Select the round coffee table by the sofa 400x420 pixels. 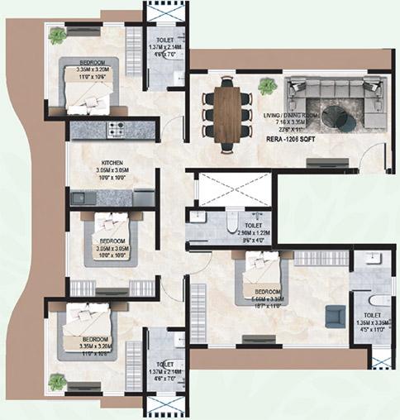coord(336,115)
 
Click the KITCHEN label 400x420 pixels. coord(112,162)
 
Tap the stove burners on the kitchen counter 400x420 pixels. coord(114,130)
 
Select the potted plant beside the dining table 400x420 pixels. coord(266,85)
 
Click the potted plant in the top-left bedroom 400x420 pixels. coord(58,36)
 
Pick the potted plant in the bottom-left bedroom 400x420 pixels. coord(56,381)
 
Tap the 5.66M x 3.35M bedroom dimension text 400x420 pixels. coord(271,299)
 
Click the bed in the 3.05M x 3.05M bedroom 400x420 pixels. coord(112,233)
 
